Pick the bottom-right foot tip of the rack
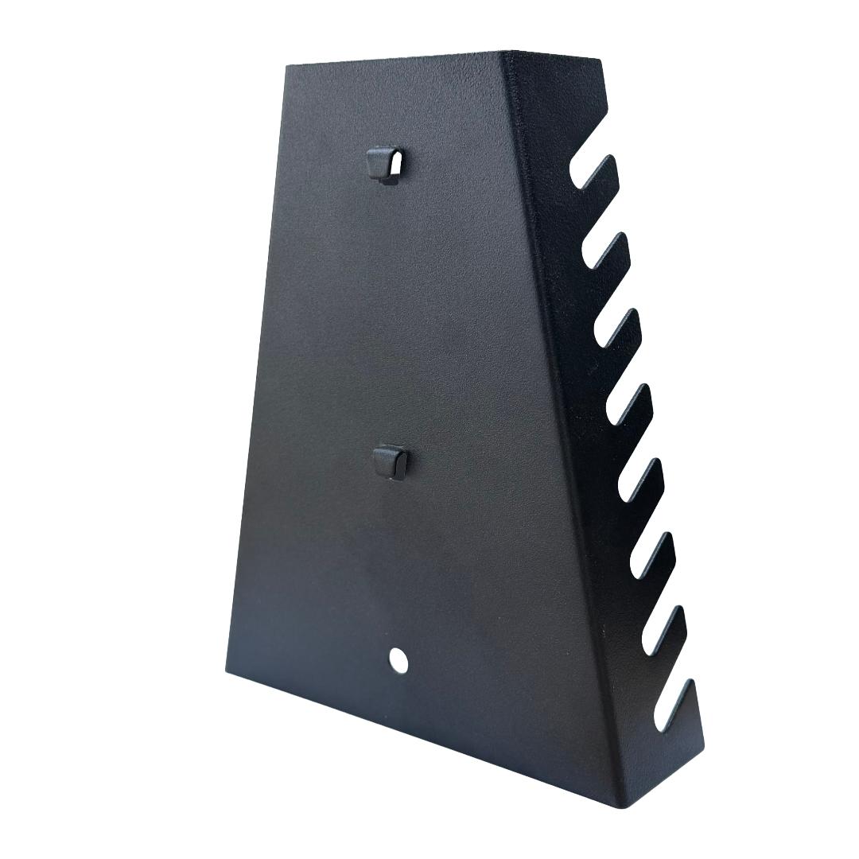click(x=700, y=748)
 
